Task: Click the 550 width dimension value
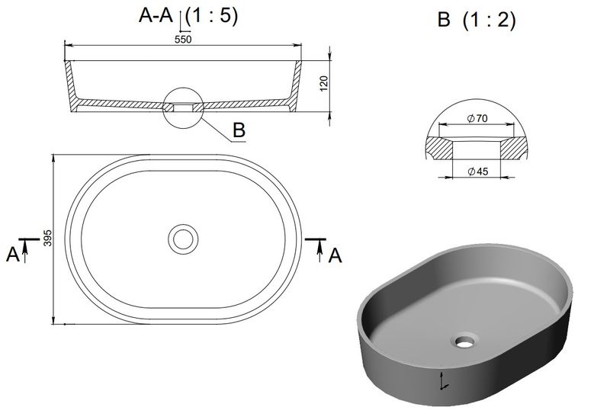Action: (x=183, y=40)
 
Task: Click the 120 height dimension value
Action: (x=323, y=84)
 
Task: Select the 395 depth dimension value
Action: (x=47, y=238)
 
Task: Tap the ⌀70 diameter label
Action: (x=477, y=118)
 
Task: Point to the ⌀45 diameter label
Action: (x=478, y=171)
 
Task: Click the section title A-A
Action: (x=156, y=16)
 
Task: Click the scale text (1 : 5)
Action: (x=211, y=16)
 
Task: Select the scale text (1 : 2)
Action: (x=489, y=20)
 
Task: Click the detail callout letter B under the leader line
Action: (x=239, y=130)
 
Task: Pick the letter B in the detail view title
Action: (x=444, y=20)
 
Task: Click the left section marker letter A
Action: (x=12, y=255)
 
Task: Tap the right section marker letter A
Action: (x=335, y=255)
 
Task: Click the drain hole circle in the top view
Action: (x=183, y=239)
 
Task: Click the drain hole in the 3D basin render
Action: (x=465, y=341)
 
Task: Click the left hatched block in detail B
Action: (x=440, y=149)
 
